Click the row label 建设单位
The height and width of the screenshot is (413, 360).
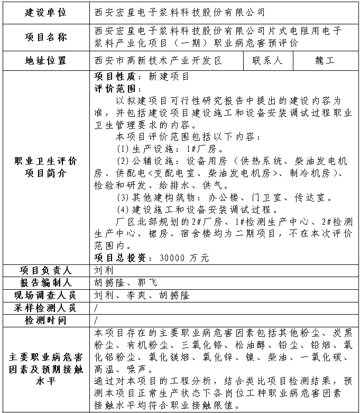46,12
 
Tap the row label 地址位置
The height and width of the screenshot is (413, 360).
46,61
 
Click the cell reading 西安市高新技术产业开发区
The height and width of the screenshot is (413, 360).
158,61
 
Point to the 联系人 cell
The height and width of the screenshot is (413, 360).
267,61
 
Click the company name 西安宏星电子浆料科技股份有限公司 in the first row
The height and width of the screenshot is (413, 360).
179,12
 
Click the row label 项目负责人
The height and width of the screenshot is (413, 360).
46,270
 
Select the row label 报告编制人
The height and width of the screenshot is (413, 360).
46,282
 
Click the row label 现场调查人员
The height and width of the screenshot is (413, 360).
46,295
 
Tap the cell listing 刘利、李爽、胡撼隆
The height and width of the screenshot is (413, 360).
142,295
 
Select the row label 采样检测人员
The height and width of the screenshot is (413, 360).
46,308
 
